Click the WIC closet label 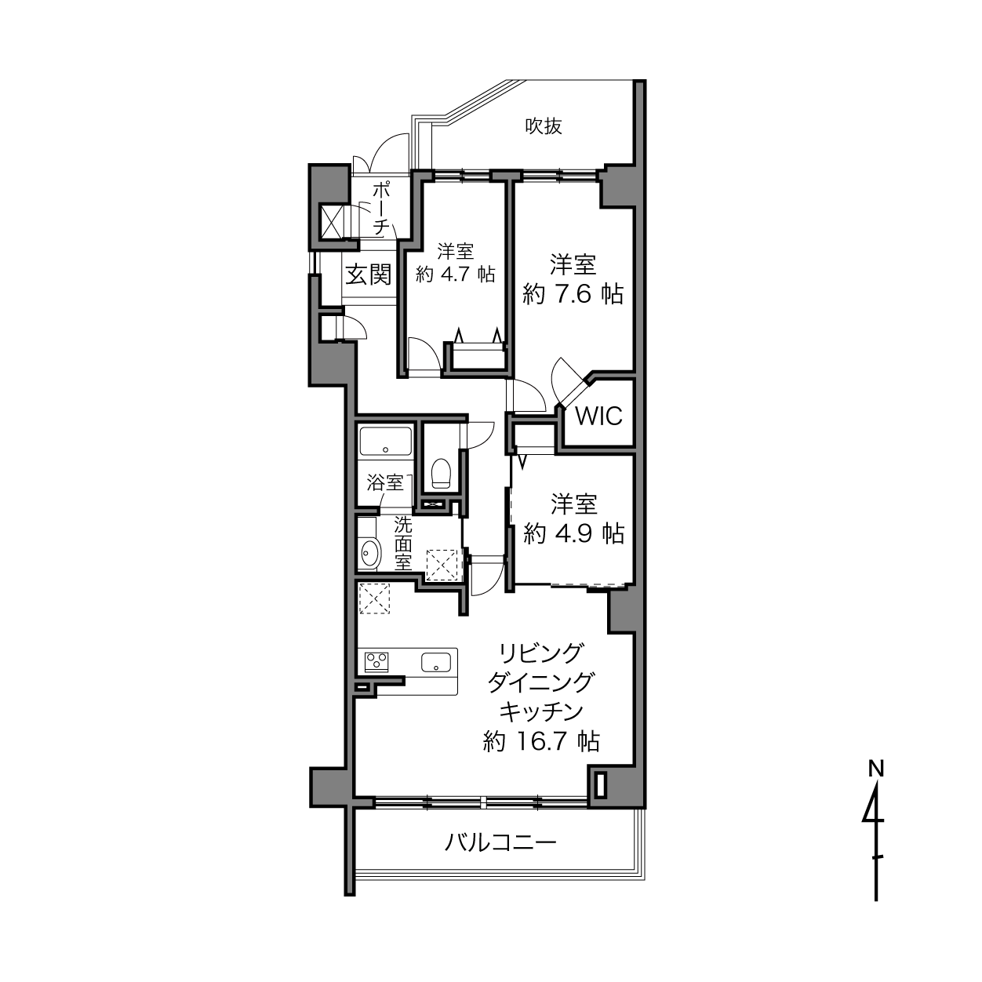598,416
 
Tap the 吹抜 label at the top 544,125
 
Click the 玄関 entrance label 369,275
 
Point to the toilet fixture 441,474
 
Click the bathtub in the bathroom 386,442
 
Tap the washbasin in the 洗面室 370,554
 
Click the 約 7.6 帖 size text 573,294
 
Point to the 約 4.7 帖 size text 455,275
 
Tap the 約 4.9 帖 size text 573,534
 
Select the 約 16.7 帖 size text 541,741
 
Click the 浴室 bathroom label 385,482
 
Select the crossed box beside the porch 329,221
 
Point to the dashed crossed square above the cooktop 374,598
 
